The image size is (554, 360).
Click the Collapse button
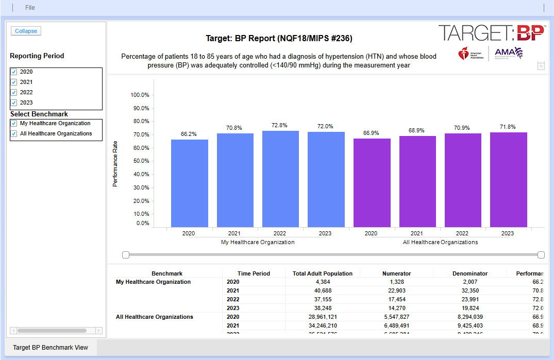coord(26,31)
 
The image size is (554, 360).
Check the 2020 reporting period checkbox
coord(14,72)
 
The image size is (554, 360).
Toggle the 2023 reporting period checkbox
coord(14,102)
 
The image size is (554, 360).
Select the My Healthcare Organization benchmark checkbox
coord(14,124)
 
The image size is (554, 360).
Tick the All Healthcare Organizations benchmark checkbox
coord(14,134)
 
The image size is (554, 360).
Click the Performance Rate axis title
coord(115,163)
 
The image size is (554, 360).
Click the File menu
coord(30,8)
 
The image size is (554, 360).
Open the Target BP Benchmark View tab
coord(51,347)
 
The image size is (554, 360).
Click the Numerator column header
coord(396,273)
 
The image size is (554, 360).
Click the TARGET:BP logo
coord(491,33)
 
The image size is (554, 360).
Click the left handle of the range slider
coord(125,255)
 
